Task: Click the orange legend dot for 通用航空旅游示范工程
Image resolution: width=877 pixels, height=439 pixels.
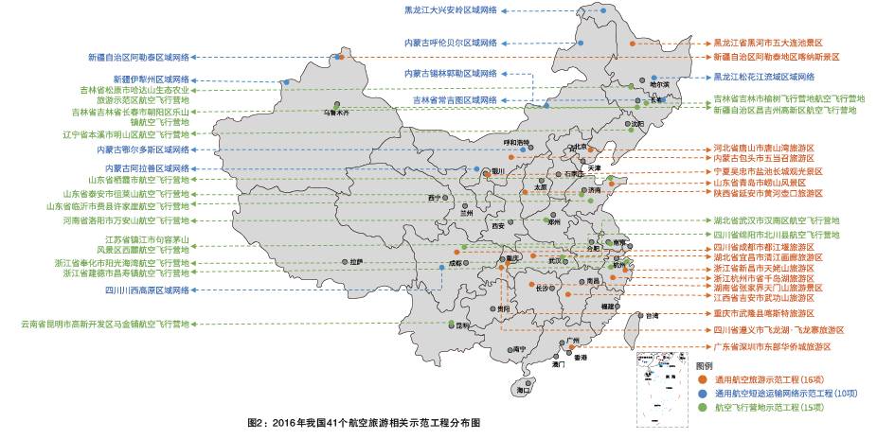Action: (702, 378)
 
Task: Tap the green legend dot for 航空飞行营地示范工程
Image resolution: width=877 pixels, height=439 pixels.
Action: (702, 407)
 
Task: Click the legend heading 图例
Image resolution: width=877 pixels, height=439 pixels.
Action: (705, 365)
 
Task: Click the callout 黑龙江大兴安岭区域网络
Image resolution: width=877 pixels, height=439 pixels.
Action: (438, 11)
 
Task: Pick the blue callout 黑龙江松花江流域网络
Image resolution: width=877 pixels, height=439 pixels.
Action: (763, 77)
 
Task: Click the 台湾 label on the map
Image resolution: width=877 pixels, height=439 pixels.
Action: (651, 315)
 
